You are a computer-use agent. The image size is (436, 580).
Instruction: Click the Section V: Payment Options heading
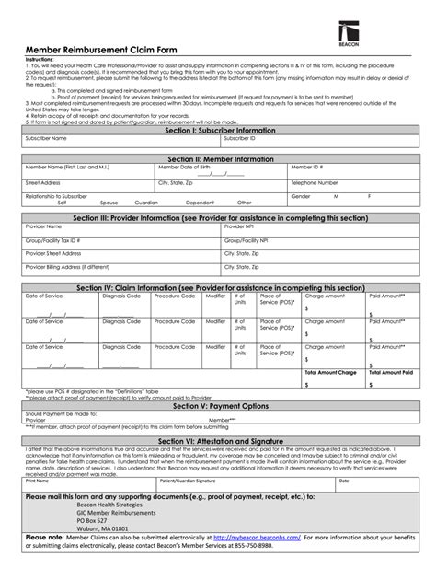coord(219,406)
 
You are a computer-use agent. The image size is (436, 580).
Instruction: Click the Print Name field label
coord(38,481)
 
